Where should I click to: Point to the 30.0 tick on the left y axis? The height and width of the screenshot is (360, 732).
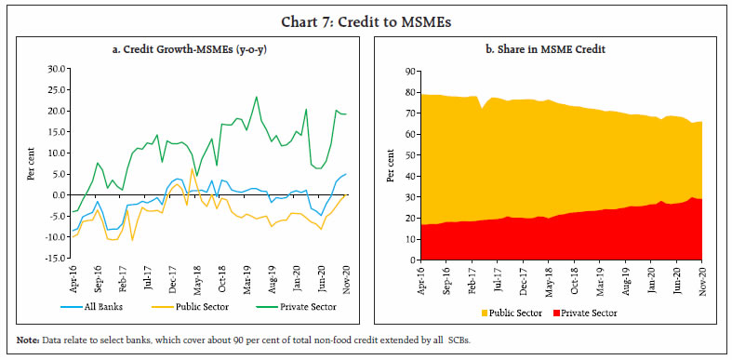(56, 69)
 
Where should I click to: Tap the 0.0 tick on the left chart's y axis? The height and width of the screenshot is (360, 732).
(59, 194)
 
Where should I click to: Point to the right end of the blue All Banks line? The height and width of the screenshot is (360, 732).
(347, 174)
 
